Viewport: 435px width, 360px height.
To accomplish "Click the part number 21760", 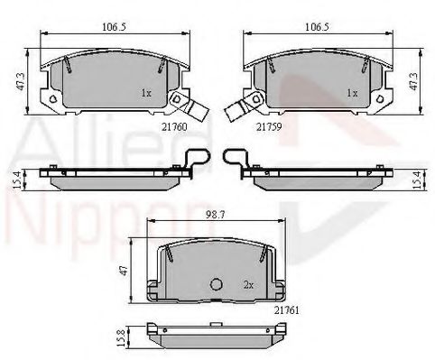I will (x=173, y=128).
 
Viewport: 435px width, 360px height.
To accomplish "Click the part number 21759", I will (x=268, y=128).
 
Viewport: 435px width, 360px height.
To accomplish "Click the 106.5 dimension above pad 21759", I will (x=315, y=26).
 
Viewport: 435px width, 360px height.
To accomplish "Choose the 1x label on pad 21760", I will (x=146, y=93).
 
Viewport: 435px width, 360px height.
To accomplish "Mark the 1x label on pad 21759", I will (x=353, y=93).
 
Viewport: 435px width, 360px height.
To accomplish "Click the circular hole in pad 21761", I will (x=216, y=284).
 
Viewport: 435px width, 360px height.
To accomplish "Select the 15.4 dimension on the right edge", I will (x=417, y=179).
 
